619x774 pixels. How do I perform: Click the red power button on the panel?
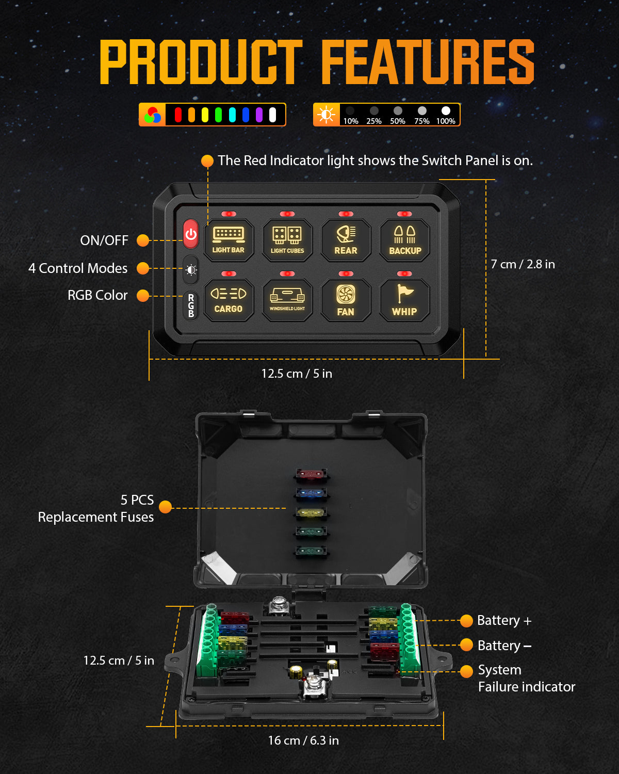(x=191, y=234)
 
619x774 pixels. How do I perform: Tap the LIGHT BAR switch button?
(x=229, y=240)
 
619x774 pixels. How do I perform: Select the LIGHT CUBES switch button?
(x=287, y=240)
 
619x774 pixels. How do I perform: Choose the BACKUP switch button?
(x=405, y=240)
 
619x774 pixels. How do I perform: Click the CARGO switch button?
(x=229, y=300)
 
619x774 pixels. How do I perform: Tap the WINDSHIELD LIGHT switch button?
(x=287, y=300)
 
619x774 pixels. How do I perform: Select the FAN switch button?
(x=346, y=300)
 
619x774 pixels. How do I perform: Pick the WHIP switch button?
(x=405, y=300)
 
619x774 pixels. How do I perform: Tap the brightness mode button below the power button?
(x=191, y=269)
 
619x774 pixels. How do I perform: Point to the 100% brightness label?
(x=446, y=121)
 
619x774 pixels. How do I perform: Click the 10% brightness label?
(x=351, y=121)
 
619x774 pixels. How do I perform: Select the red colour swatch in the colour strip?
(x=178, y=115)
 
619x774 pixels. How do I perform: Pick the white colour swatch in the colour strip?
(x=272, y=115)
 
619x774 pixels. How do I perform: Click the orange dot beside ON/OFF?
(x=143, y=240)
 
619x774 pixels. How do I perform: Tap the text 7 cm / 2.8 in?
(x=523, y=264)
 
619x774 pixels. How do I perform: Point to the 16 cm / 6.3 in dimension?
(x=303, y=740)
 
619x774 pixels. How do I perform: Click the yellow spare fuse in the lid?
(x=311, y=513)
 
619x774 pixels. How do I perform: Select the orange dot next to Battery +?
(x=466, y=621)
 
